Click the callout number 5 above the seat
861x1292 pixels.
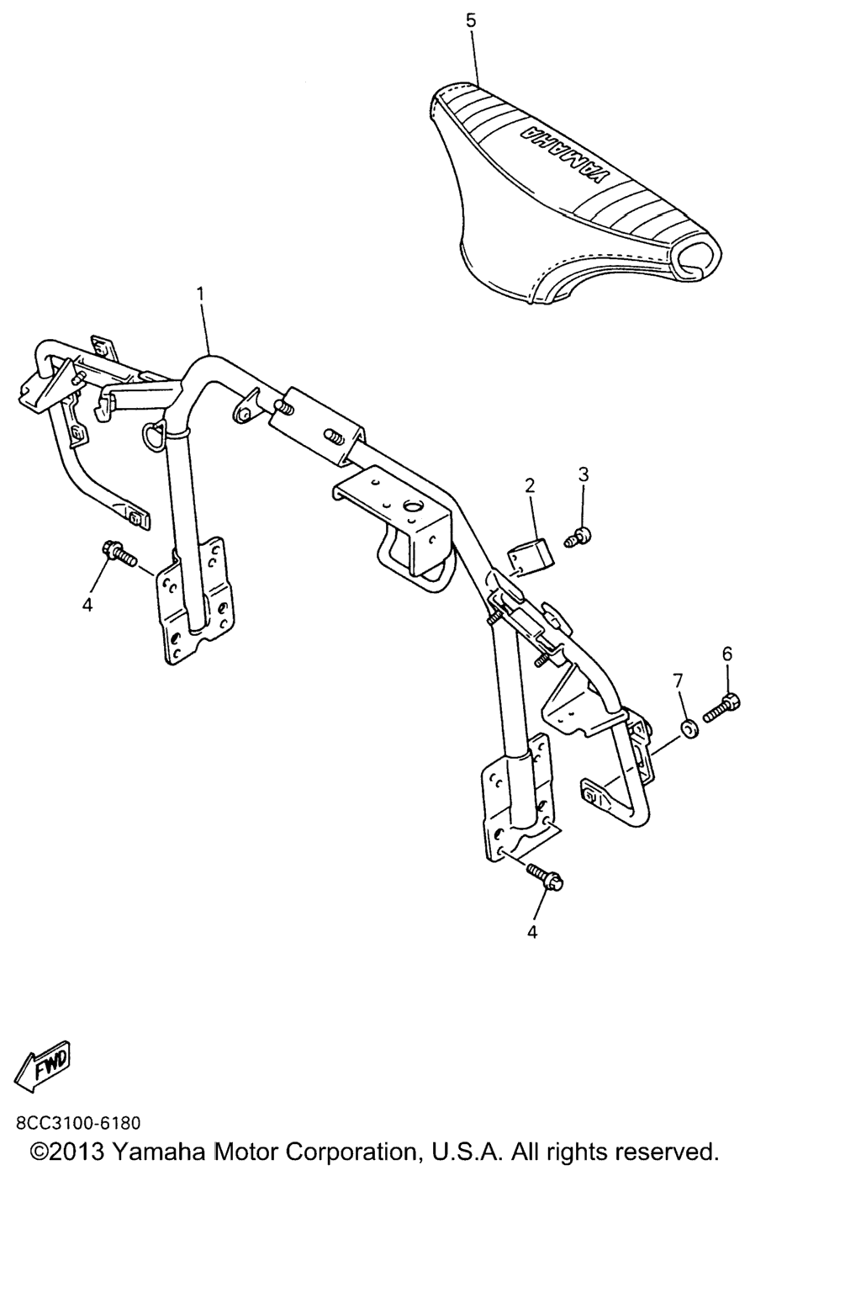471,21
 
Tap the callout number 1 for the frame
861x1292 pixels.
201,294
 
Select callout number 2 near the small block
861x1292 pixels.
530,485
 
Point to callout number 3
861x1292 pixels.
584,474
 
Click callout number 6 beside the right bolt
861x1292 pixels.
726,654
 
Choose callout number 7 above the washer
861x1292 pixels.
678,681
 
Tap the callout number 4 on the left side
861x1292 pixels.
87,605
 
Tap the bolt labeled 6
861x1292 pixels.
721,708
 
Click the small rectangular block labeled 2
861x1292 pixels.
530,553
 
